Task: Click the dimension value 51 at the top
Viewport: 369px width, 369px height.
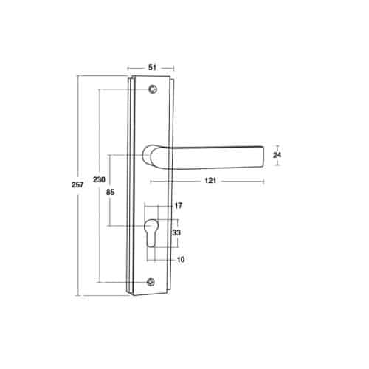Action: [x=152, y=66]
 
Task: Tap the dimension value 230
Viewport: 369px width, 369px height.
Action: [x=99, y=179]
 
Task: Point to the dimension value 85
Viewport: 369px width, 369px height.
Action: [x=109, y=193]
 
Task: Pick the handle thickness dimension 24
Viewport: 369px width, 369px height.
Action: [x=277, y=156]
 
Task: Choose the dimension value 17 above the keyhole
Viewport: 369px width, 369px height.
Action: [x=177, y=205]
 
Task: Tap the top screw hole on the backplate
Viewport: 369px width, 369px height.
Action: [x=152, y=89]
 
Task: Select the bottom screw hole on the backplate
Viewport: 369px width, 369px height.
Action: [x=151, y=282]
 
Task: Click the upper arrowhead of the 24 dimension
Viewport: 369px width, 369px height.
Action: [x=277, y=145]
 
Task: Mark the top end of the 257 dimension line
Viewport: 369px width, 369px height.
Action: [x=79, y=75]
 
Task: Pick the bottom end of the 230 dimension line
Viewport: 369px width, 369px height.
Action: [x=99, y=282]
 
